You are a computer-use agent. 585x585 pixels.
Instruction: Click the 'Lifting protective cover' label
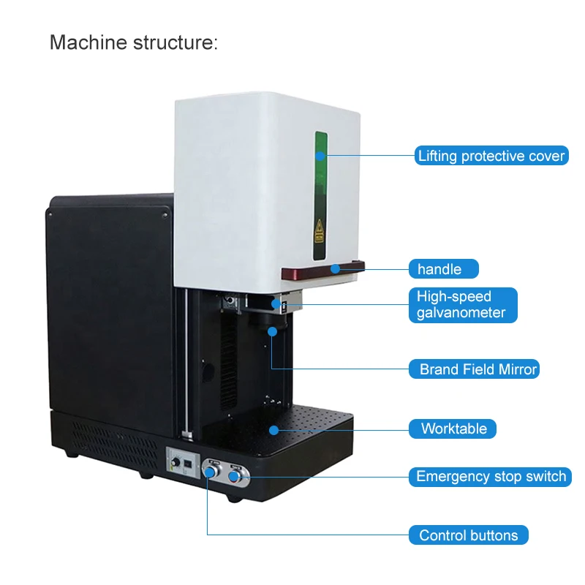coord(491,156)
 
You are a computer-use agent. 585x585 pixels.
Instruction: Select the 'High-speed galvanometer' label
coord(462,305)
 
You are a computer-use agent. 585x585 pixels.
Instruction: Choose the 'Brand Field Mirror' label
coord(478,369)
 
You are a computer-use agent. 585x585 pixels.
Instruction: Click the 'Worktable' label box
coord(453,429)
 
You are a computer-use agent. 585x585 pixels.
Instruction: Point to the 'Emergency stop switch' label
coord(491,477)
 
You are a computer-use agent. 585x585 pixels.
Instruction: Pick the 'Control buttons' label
coord(468,535)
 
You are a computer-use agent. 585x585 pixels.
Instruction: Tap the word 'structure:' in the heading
coord(178,42)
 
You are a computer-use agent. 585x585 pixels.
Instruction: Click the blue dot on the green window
coord(320,155)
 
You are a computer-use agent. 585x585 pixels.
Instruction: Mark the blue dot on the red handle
coord(334,268)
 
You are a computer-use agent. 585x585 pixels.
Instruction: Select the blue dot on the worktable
coord(274,429)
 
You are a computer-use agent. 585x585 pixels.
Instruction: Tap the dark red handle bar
coord(322,272)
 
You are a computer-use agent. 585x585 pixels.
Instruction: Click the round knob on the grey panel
coord(175,464)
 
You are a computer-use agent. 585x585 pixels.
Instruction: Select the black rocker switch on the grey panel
coord(189,464)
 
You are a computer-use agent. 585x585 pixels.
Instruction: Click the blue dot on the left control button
coord(208,473)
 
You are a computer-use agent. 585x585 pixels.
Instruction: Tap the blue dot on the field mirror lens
coord(272,331)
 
